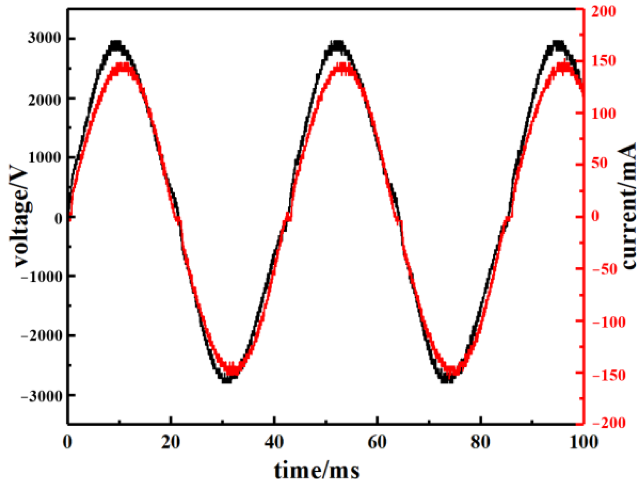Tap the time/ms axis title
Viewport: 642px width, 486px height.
point(317,471)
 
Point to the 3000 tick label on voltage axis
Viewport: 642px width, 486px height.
point(44,38)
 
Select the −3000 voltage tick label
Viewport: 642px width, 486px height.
point(42,396)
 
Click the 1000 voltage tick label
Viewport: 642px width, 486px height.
point(44,158)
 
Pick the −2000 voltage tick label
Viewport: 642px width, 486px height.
point(42,336)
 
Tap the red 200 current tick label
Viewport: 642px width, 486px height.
point(603,11)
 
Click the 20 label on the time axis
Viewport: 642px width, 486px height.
point(170,442)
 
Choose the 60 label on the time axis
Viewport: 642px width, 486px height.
point(377,442)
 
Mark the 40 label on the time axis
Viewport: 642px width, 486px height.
point(274,442)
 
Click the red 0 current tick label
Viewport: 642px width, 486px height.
point(595,216)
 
